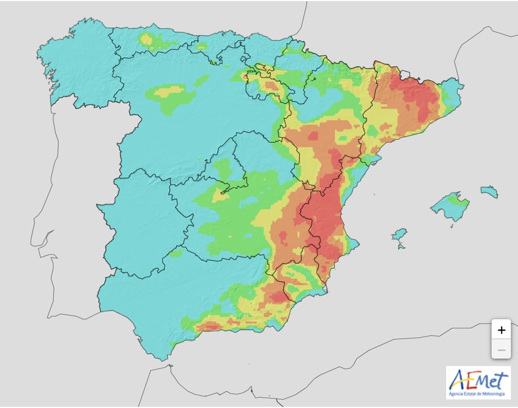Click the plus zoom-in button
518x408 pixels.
(x=501, y=331)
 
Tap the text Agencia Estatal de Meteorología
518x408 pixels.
(x=478, y=394)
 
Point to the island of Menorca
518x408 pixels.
(x=490, y=192)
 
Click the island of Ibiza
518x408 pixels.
(x=399, y=234)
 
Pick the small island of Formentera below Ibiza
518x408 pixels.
(x=400, y=246)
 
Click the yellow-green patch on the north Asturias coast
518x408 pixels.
(x=147, y=40)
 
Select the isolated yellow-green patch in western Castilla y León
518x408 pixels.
(x=173, y=97)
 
